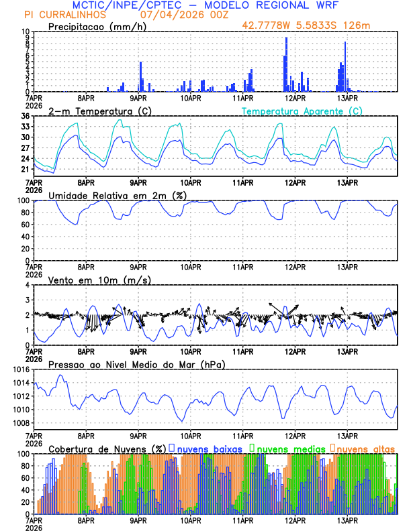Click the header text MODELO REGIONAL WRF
pyautogui.click(x=275, y=5)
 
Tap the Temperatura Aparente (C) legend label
pyautogui.click(x=302, y=111)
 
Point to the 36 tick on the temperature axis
pyautogui.click(x=25, y=116)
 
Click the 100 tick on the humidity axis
pyautogui.click(x=21, y=200)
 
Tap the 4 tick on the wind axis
pyautogui.click(x=28, y=285)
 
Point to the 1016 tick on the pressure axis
pyautogui.click(x=19, y=369)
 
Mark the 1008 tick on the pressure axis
pyautogui.click(x=19, y=422)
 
